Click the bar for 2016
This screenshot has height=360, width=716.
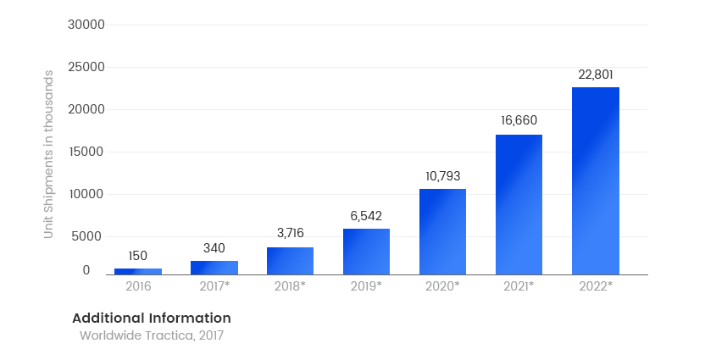point(137,271)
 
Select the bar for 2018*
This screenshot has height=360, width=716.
point(290,261)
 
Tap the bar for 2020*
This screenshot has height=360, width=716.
point(442,231)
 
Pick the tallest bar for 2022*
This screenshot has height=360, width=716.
point(595,180)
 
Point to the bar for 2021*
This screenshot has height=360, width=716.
point(519,204)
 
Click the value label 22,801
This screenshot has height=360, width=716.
point(595,75)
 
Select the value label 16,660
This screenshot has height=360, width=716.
point(519,120)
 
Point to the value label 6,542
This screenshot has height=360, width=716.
point(366,216)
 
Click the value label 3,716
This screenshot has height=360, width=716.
point(290,233)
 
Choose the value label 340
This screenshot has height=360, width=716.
point(214,248)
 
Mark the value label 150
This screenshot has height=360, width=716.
point(137,256)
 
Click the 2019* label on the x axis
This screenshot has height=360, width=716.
point(366,286)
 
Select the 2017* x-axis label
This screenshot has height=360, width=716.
point(214,286)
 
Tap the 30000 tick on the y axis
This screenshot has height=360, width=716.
point(86,25)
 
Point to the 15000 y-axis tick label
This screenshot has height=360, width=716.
point(86,152)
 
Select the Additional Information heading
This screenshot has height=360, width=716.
point(151,318)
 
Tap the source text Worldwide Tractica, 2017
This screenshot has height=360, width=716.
point(151,335)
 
